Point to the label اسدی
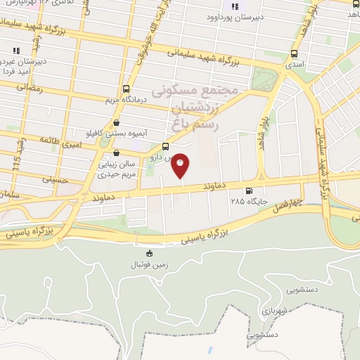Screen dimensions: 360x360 [x=294, y=64]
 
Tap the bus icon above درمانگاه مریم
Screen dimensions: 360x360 [x=126, y=89]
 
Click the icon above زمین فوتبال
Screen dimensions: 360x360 [x=148, y=254]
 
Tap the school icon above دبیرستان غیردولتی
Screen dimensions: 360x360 [x=15, y=50]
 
